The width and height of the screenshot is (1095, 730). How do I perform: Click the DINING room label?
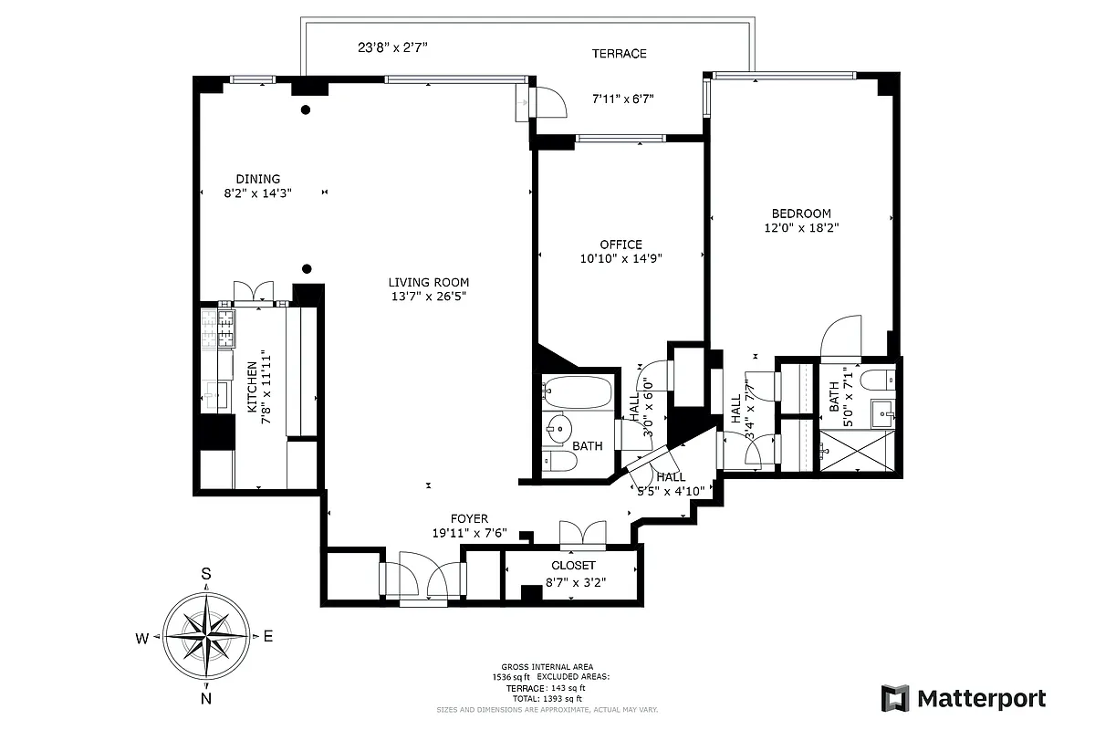point(258,179)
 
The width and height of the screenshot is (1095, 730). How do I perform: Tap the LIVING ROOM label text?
point(429,282)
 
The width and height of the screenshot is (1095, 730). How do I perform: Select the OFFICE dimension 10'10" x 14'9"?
point(620,258)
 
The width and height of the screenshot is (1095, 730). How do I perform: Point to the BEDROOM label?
point(798,214)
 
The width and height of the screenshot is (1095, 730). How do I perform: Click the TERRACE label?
point(619,54)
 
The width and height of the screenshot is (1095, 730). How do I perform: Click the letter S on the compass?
point(206,574)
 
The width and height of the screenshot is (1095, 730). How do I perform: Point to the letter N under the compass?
point(206,699)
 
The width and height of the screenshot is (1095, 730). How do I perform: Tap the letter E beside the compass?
point(268,637)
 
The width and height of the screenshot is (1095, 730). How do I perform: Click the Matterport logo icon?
point(895,698)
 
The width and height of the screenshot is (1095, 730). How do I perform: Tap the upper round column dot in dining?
point(307,110)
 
